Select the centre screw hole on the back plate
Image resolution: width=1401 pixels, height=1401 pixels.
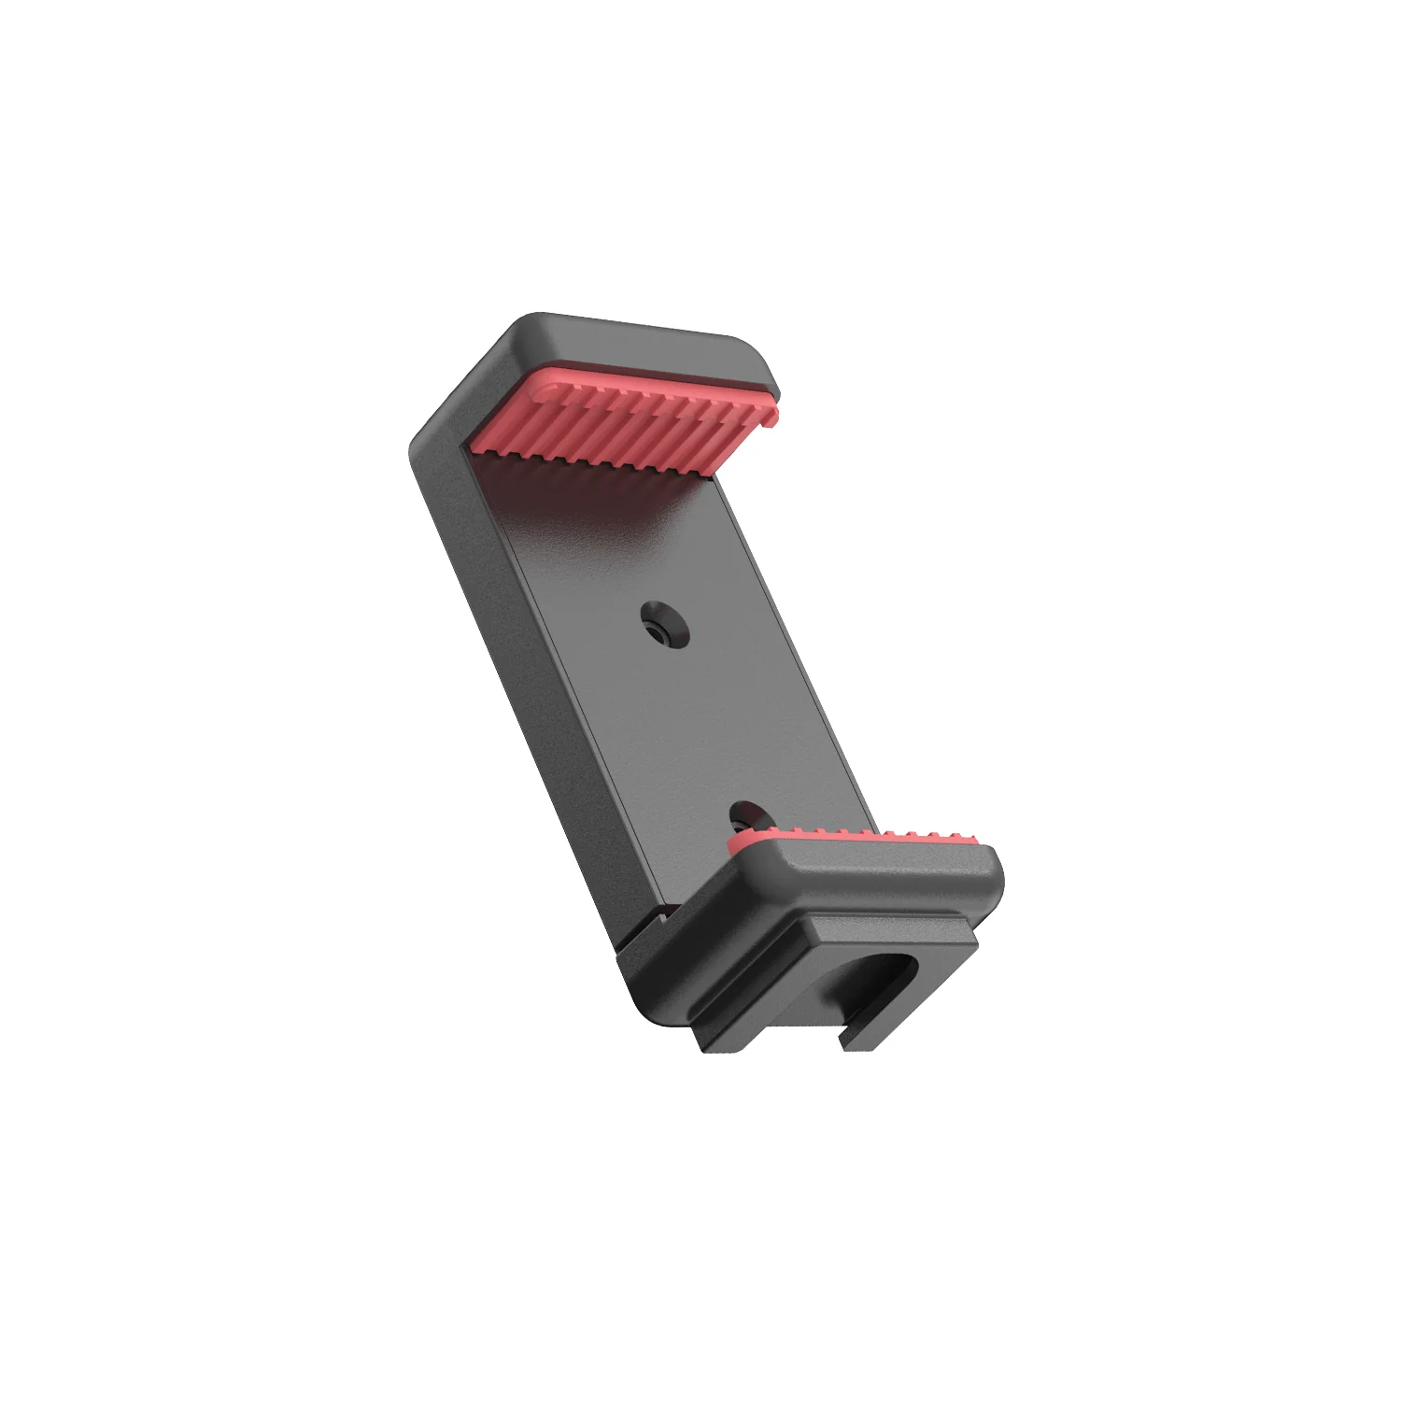pos(664,627)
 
